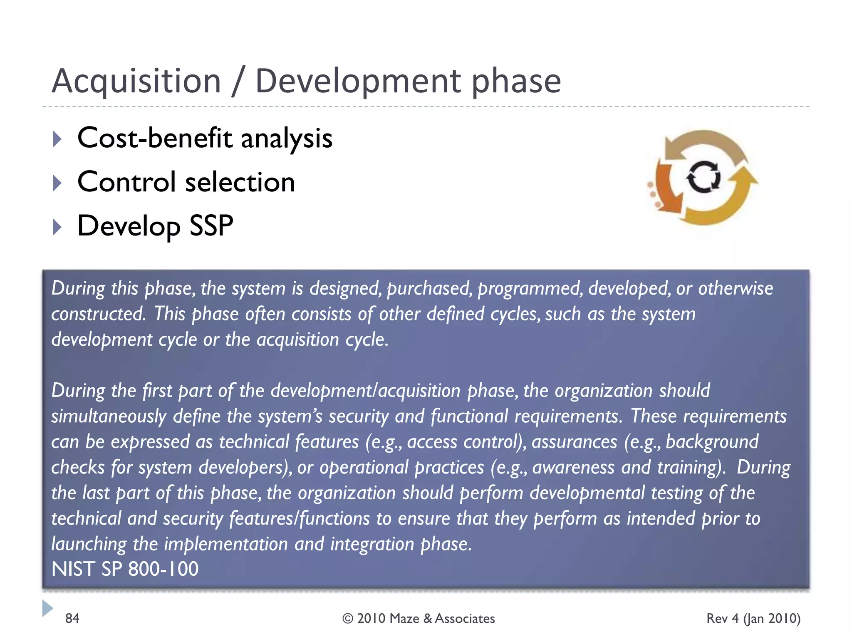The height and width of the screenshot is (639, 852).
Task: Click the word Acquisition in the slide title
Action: [x=136, y=81]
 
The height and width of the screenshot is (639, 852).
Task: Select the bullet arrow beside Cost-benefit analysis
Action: [x=57, y=139]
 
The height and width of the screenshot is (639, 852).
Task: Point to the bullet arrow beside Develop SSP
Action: [x=57, y=227]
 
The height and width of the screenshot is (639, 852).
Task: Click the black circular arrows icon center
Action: [x=703, y=177]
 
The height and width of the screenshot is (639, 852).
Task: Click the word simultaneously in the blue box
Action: [x=109, y=416]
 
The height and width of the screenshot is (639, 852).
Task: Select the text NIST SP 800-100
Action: [x=125, y=569]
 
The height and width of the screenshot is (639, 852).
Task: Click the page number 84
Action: [x=72, y=618]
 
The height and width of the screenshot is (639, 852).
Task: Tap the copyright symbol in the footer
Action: [x=348, y=619]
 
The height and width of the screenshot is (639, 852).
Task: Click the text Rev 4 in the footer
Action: [x=723, y=618]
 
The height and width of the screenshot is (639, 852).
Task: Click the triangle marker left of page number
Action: [x=47, y=608]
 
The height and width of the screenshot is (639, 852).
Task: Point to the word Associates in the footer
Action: [x=465, y=619]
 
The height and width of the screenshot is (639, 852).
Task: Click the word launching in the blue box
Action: [x=89, y=544]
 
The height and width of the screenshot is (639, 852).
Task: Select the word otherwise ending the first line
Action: [x=736, y=288]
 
